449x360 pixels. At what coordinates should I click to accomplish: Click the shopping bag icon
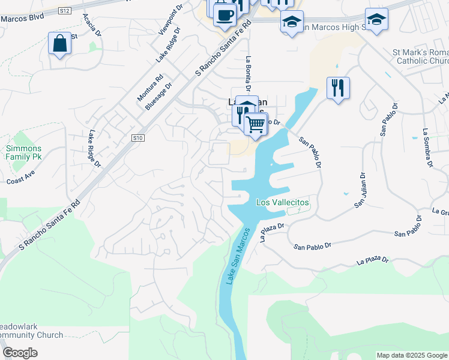coord(59,44)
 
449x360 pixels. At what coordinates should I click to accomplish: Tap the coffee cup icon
coord(224,15)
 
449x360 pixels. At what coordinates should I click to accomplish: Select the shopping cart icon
coord(256,124)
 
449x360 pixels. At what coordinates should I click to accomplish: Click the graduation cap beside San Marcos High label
coord(292,22)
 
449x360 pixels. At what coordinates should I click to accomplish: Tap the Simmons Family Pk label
coord(24,152)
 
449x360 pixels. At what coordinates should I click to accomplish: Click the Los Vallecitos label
coord(282,203)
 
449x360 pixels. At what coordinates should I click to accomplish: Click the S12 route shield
coord(65,11)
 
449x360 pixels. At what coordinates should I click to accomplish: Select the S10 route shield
coord(138,138)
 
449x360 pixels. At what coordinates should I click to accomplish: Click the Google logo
coord(20,353)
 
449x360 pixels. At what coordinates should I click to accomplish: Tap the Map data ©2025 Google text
coord(411,355)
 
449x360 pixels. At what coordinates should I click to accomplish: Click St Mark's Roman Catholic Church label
coord(420,57)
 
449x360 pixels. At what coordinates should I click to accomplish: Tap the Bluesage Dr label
coord(158,95)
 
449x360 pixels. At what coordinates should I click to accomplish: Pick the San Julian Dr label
coord(360,190)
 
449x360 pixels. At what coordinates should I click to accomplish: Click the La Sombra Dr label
coord(427,147)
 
